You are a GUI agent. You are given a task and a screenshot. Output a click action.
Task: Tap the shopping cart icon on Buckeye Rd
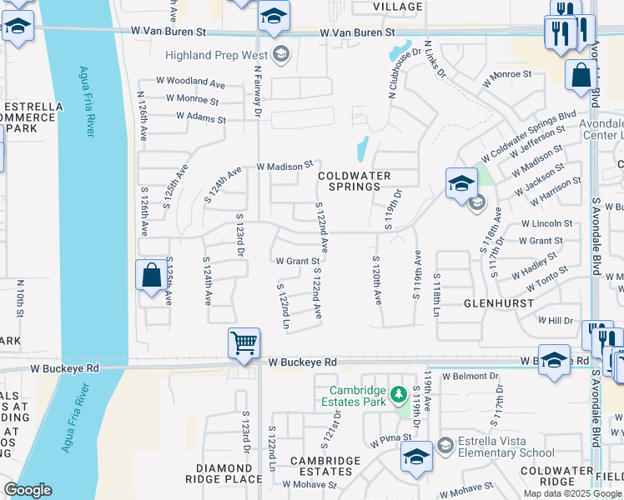pyautogui.click(x=244, y=342)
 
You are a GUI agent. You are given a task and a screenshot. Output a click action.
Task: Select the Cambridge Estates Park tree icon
pyautogui.click(x=399, y=392)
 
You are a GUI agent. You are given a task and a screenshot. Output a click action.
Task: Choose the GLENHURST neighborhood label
pyautogui.click(x=498, y=303)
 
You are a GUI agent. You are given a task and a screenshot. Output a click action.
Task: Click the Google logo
pyautogui.click(x=28, y=490)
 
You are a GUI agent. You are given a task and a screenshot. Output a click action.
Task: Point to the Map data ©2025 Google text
pyautogui.click(x=572, y=493)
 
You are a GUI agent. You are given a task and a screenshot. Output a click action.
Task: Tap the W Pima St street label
pyautogui.click(x=391, y=437)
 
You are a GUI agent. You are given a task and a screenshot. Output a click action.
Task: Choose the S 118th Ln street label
pyautogui.click(x=435, y=294)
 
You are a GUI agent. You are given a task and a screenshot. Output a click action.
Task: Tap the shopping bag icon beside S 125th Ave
pyautogui.click(x=151, y=276)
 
